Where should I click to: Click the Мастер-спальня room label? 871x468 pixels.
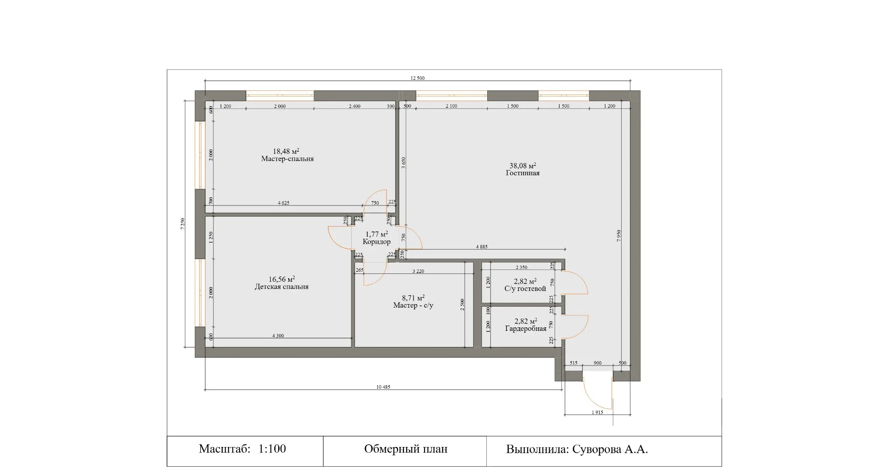pos(287,159)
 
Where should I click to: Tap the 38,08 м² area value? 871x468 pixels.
pos(523,166)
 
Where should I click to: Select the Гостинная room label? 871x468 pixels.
pos(523,173)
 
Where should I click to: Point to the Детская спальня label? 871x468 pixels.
pos(282,287)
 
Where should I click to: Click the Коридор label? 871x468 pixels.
pos(377,242)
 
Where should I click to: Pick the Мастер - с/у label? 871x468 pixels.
pos(413,305)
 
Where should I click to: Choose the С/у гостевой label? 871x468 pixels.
pos(525,289)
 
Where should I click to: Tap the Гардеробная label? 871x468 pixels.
pos(526,329)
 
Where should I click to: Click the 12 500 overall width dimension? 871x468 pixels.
pos(418,78)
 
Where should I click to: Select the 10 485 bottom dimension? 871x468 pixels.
pos(383,387)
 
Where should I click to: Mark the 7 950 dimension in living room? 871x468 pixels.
pos(619,236)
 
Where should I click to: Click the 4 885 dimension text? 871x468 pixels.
pos(482,247)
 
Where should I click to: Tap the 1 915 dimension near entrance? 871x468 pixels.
pos(597,412)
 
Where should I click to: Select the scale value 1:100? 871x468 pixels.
pos(272,449)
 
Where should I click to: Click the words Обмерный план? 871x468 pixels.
pos(406,449)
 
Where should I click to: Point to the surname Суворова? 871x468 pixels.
pos(594,449)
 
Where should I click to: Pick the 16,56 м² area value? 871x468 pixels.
pos(282,279)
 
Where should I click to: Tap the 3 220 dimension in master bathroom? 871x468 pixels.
pos(418,271)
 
